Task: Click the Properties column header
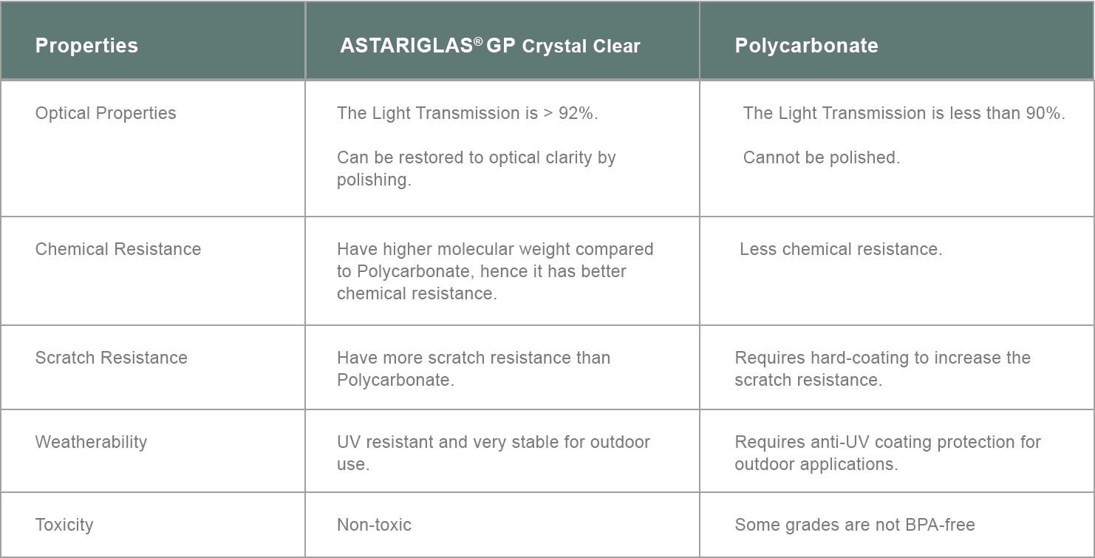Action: point(86,46)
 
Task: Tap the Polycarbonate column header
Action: point(807,46)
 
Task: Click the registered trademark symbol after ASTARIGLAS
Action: point(478,41)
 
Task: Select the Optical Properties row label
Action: point(106,114)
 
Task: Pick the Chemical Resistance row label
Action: point(118,249)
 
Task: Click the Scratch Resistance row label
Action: point(112,358)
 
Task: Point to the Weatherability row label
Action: point(91,442)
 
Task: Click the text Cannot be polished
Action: point(822,157)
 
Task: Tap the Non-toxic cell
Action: point(374,525)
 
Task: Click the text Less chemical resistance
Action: point(841,249)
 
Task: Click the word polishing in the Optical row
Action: point(374,180)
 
